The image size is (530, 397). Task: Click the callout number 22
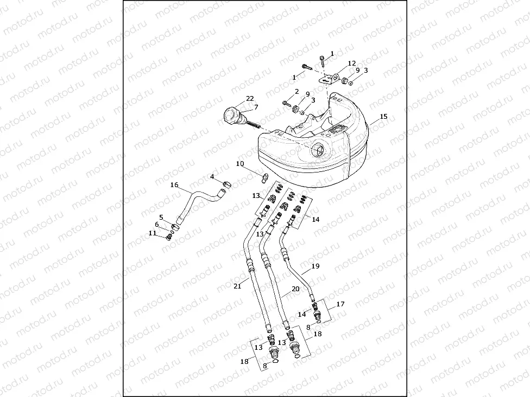250,98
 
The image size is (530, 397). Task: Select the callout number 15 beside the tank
383,117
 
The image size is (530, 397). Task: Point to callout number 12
352,63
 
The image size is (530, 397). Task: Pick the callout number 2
297,92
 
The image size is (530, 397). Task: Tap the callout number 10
240,163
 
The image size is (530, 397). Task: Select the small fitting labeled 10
266,177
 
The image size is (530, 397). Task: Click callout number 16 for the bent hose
174,185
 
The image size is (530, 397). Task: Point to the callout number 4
213,177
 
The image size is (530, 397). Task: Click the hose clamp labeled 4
226,185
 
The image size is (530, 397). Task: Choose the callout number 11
153,233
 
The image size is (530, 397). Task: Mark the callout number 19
316,266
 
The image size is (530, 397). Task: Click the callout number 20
295,289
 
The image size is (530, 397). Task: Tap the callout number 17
340,304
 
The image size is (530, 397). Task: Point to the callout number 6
157,225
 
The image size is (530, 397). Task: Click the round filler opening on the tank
317,150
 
